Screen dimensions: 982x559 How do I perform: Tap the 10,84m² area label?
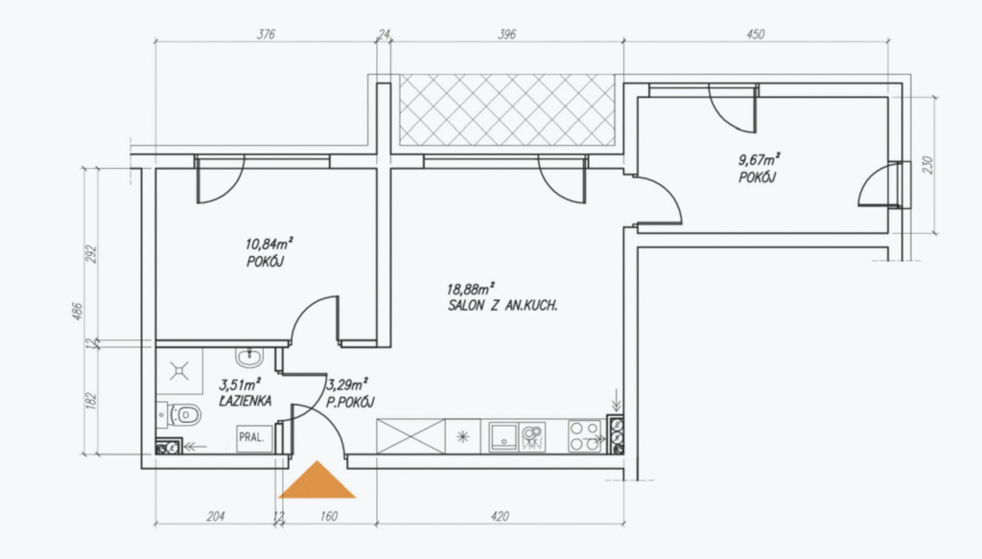(x=269, y=243)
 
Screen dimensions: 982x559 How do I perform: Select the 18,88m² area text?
(x=470, y=289)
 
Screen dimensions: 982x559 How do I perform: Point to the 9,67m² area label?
(x=760, y=159)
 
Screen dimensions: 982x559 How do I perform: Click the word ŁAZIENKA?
(x=245, y=401)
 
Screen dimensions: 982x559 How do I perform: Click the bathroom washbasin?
(x=250, y=358)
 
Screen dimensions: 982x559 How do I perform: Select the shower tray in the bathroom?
(x=179, y=371)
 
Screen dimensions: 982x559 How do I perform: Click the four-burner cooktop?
(x=584, y=435)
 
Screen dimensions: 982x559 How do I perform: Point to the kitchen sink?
(x=517, y=436)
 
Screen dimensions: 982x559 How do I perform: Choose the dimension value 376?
(x=267, y=35)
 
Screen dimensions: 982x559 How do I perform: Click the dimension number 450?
(x=756, y=35)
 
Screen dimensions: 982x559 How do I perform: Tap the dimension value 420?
(x=500, y=517)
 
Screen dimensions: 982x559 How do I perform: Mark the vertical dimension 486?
(x=78, y=311)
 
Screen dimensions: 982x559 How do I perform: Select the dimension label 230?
(x=927, y=165)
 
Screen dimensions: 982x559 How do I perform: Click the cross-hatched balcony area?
(x=506, y=110)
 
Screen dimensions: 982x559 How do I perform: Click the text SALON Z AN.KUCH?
(x=503, y=306)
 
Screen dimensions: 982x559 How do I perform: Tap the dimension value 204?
(x=216, y=517)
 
